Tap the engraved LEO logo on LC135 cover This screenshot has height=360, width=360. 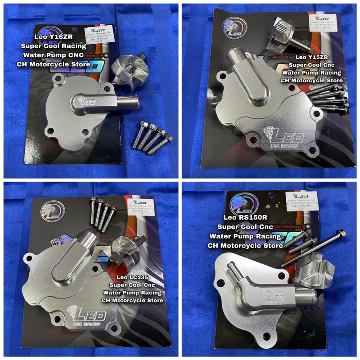[x=85, y=314]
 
